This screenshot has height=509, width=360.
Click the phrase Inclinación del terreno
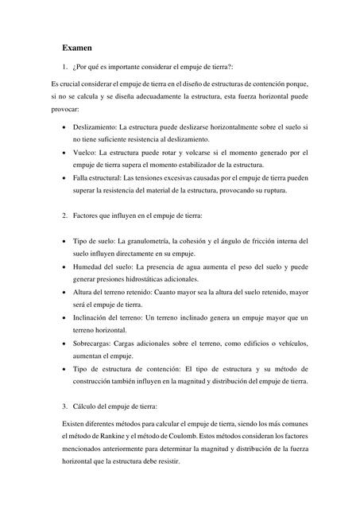click(111, 317)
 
